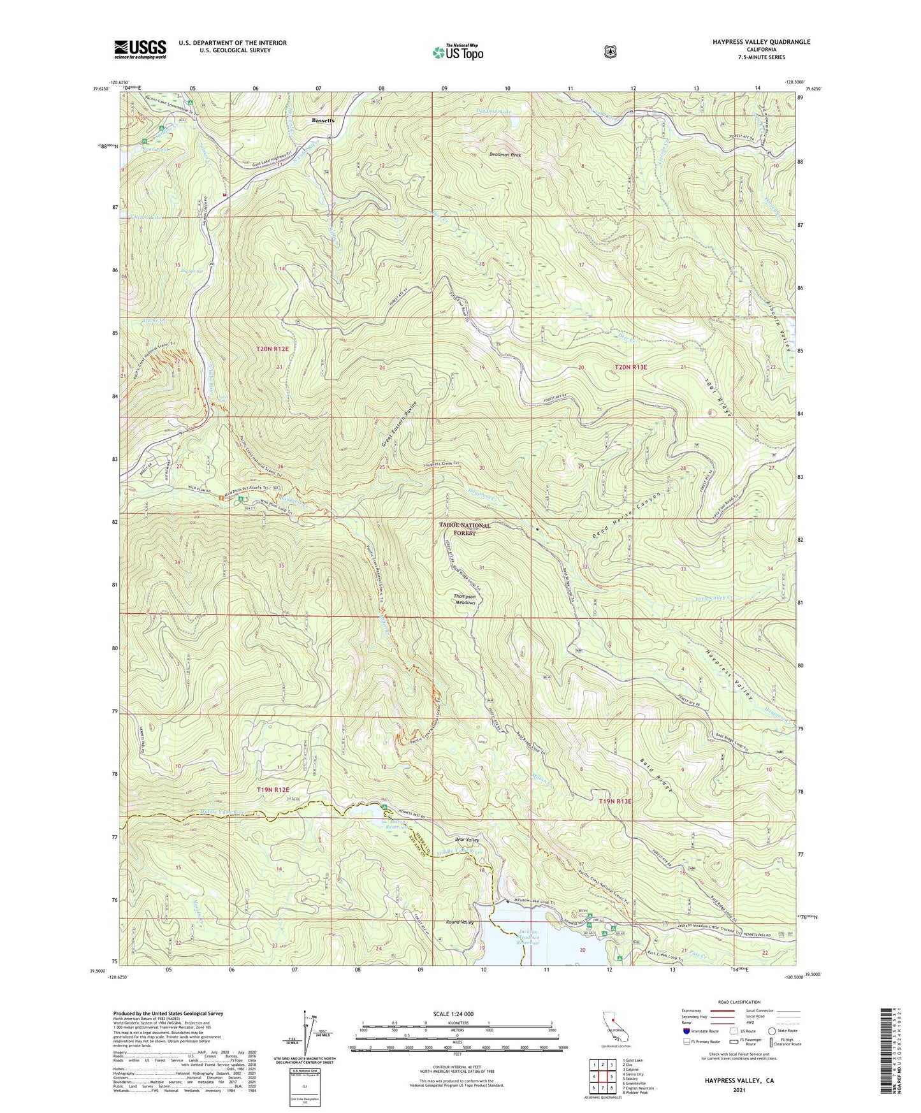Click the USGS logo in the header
140,48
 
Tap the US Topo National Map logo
458,52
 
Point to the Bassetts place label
323,120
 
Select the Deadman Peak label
505,155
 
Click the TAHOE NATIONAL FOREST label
465,529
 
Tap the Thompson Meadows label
465,599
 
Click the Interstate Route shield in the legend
686,1031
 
